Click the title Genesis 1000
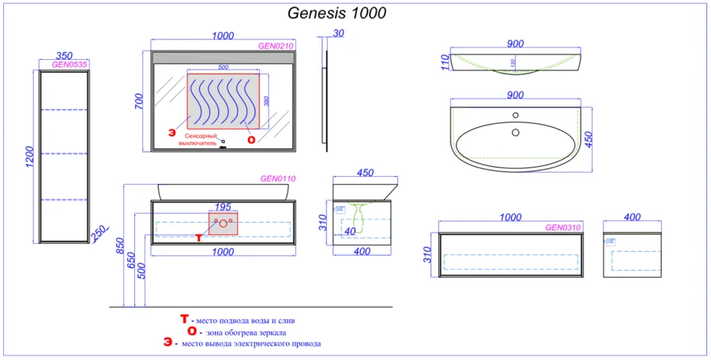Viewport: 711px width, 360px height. coord(337,13)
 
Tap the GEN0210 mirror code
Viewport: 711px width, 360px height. coord(276,46)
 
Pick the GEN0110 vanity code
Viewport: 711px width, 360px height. coord(278,179)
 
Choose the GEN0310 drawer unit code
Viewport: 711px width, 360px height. coord(563,227)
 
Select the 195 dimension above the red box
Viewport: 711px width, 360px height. coord(223,206)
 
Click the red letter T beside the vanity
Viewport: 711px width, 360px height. coord(198,236)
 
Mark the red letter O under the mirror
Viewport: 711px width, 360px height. coord(251,140)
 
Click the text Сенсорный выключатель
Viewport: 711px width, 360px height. coord(196,141)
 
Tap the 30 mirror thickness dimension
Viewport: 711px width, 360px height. coord(339,33)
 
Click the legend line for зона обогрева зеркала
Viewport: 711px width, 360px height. coord(242,332)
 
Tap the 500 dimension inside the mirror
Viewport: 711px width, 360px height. coord(223,68)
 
